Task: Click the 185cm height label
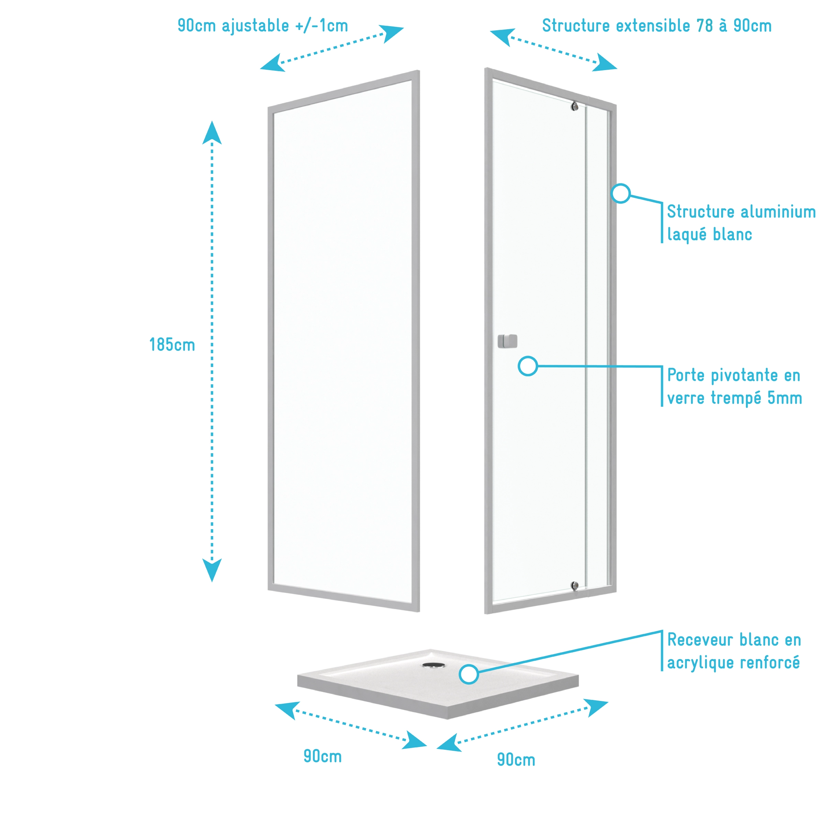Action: click(172, 345)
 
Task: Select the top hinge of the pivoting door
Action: click(575, 106)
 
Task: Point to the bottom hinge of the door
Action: click(575, 586)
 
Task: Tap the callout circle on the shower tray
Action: click(469, 674)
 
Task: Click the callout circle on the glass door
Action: click(528, 366)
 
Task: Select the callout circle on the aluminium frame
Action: click(620, 193)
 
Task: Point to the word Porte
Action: click(686, 375)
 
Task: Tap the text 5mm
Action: click(784, 398)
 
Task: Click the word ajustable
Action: click(255, 26)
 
